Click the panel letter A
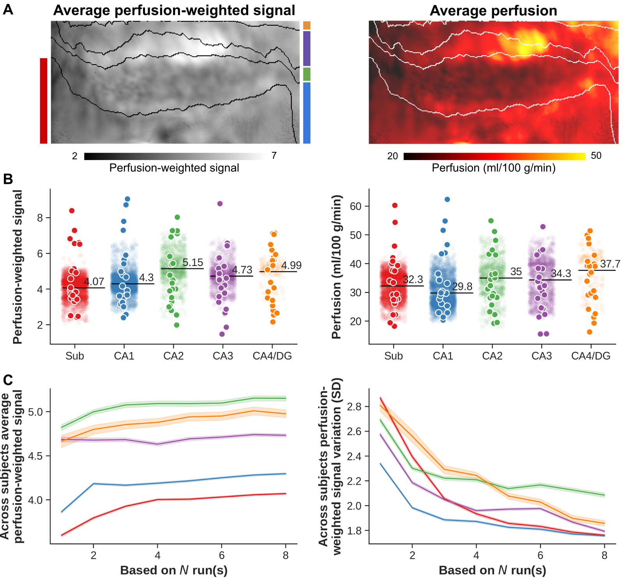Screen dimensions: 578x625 (x=8, y=9)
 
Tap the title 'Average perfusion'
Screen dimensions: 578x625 (x=493, y=11)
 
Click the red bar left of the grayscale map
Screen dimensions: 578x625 (x=44, y=101)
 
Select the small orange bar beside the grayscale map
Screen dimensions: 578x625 (x=307, y=26)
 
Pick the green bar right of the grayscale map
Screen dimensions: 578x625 (x=307, y=74)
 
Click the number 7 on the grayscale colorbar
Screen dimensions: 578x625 (x=274, y=156)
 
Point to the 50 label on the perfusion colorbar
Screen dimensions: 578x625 (x=596, y=156)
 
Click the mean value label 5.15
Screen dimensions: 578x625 (x=193, y=263)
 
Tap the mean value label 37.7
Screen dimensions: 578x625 (x=610, y=264)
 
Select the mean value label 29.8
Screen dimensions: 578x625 (x=462, y=287)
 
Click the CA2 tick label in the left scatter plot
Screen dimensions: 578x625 (x=173, y=356)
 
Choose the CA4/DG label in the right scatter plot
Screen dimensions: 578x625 (x=591, y=356)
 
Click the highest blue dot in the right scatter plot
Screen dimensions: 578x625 (x=447, y=199)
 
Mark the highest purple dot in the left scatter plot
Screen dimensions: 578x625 (x=220, y=204)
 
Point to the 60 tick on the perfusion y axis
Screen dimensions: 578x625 (x=356, y=206)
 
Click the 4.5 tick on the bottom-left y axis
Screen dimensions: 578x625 (x=35, y=456)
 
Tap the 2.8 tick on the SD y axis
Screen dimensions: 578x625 (x=354, y=407)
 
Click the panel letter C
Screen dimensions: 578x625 (x=8, y=380)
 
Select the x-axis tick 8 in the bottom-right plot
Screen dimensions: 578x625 (x=604, y=555)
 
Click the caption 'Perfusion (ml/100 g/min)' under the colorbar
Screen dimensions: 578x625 (x=493, y=168)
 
